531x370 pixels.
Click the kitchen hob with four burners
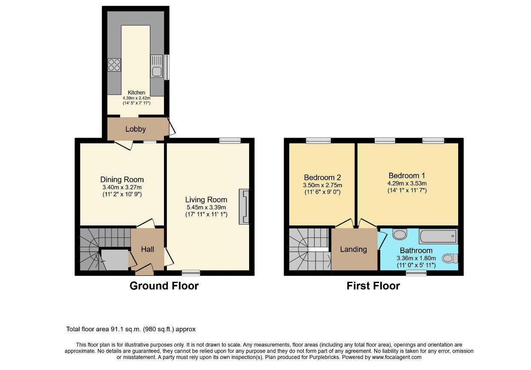click(x=114, y=65)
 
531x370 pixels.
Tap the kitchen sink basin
click(x=156, y=72)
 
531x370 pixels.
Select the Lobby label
click(x=135, y=129)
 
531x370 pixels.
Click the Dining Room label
click(x=122, y=179)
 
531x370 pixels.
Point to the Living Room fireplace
click(x=244, y=206)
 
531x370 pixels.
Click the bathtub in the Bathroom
click(x=438, y=236)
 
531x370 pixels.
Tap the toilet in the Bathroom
click(x=450, y=258)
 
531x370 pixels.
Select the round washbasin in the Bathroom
click(x=400, y=234)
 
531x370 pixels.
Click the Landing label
click(x=353, y=249)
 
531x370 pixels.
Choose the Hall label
click(x=147, y=249)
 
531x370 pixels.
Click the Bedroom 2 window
click(x=319, y=141)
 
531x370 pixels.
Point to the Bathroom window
click(x=416, y=273)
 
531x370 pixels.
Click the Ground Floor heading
click(x=164, y=286)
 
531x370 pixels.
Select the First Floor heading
click(x=373, y=286)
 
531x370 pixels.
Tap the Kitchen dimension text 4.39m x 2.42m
click(x=137, y=98)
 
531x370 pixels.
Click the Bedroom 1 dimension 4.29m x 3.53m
click(x=407, y=183)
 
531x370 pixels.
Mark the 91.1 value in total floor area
click(x=116, y=329)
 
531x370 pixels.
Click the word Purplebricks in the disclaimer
click(x=324, y=357)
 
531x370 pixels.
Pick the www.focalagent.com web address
click(x=396, y=357)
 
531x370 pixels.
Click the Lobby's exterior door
click(x=171, y=127)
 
